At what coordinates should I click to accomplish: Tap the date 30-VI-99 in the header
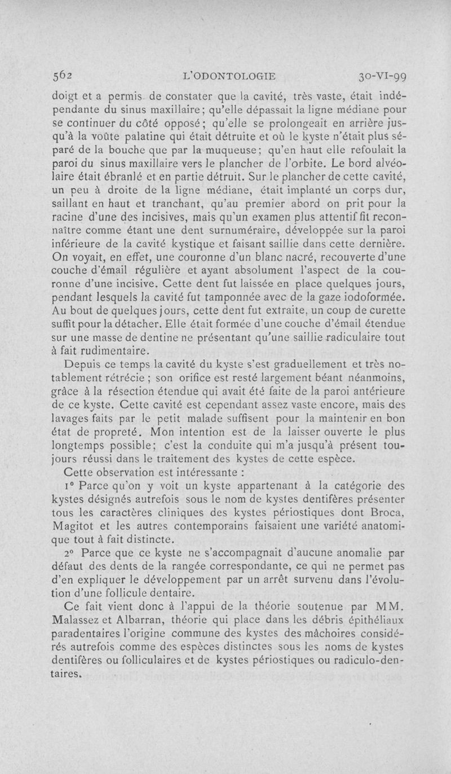point(383,77)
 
